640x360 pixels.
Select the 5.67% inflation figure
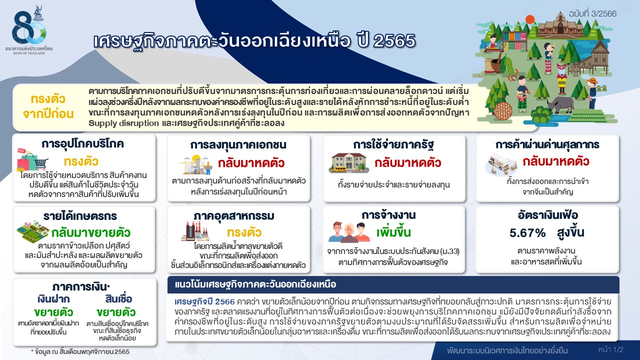[x=527, y=233]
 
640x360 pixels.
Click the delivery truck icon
[x=501, y=165]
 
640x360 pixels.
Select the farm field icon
[x=33, y=231]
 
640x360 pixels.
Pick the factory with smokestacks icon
[x=195, y=231]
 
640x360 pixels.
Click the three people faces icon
[x=349, y=232]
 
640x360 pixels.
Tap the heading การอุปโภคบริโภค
[x=82, y=143]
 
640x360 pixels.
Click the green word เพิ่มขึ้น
[x=393, y=232]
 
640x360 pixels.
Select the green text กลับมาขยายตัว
[x=91, y=233]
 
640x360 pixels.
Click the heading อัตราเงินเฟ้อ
[x=546, y=215]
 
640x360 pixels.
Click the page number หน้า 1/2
[x=611, y=349]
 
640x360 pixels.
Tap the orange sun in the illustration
[x=529, y=19]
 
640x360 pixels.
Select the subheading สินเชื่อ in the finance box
[x=118, y=299]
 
